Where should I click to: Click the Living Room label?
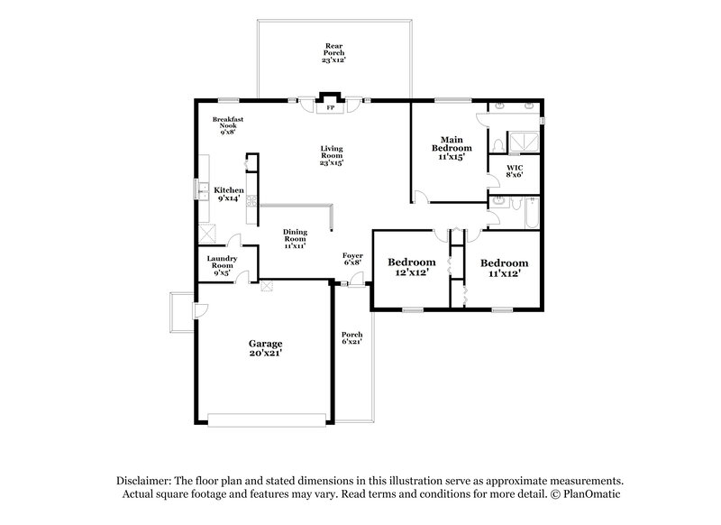click(331, 155)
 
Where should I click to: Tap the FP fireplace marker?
click(331, 106)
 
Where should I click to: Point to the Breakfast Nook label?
click(227, 125)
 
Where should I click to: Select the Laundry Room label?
click(222, 266)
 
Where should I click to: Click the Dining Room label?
click(295, 237)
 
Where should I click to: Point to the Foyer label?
click(352, 260)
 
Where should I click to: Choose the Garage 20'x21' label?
click(266, 348)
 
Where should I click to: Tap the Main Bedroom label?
click(451, 149)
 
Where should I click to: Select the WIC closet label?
click(515, 171)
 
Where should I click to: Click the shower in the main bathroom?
click(522, 141)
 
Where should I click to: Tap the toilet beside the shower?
click(497, 144)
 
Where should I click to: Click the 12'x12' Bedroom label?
click(413, 267)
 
